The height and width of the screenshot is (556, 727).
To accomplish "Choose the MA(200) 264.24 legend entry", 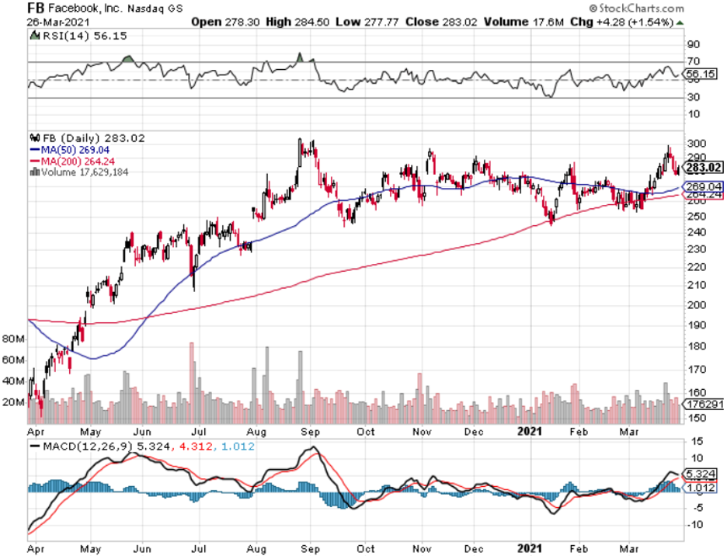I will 75,161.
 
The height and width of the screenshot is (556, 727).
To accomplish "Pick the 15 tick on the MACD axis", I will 690,441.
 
